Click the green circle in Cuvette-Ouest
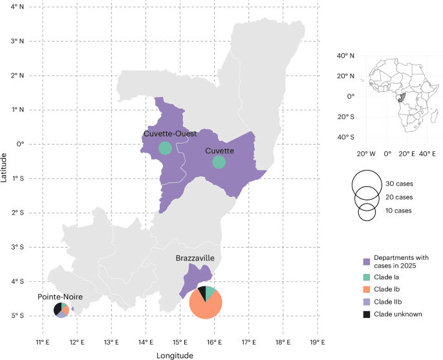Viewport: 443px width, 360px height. point(165,148)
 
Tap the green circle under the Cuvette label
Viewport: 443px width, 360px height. point(219,162)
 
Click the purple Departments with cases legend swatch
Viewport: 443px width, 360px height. point(365,261)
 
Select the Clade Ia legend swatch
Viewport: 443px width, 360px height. point(365,279)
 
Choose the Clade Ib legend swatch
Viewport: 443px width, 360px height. point(365,290)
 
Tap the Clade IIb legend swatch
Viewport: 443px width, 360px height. point(365,302)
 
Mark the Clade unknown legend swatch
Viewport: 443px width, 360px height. point(365,314)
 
